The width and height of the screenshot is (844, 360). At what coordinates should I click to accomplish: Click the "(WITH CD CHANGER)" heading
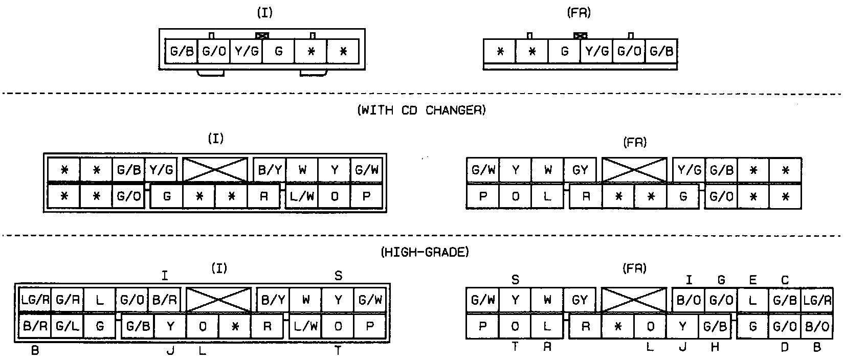click(421, 110)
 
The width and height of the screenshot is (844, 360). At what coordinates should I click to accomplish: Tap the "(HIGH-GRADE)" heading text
click(425, 252)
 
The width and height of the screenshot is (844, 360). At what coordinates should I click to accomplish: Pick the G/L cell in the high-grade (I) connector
click(67, 326)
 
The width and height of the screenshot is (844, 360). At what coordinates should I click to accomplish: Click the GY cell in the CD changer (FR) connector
click(580, 170)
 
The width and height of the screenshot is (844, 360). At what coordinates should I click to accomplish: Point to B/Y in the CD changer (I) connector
click(270, 170)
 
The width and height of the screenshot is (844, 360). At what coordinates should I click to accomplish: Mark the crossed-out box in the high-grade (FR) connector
click(634, 300)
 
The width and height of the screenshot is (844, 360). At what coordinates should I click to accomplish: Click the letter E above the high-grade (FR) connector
click(752, 280)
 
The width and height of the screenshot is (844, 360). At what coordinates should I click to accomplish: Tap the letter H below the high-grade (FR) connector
click(715, 348)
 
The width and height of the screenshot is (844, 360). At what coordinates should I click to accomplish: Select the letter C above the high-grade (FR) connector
click(785, 280)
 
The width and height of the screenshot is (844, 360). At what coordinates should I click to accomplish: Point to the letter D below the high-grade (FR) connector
click(785, 348)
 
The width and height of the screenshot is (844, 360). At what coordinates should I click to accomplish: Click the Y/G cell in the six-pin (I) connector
click(246, 51)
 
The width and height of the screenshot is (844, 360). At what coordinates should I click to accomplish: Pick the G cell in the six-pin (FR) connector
click(564, 51)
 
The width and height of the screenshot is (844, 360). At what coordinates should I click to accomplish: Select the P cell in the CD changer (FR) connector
click(482, 196)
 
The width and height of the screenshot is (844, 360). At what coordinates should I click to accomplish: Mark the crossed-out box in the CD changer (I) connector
click(215, 169)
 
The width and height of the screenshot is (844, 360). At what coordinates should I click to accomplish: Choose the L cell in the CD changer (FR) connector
click(547, 196)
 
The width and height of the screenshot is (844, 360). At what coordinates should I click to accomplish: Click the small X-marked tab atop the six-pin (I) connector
click(262, 36)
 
